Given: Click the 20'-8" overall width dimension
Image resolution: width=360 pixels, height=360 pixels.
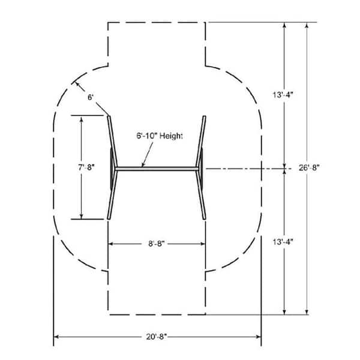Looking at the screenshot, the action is [x=157, y=337].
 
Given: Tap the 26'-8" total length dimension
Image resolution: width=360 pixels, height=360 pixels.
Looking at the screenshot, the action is [x=309, y=168].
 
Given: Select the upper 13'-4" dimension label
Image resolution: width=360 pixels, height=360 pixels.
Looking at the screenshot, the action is [x=283, y=95].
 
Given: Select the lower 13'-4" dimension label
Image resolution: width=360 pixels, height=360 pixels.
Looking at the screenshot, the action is [x=283, y=242].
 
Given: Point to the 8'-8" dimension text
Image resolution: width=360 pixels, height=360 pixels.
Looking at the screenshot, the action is [x=157, y=244].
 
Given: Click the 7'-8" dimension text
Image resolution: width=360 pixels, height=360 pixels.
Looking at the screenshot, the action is [x=86, y=167].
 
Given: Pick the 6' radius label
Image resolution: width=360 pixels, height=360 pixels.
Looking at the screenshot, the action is [x=91, y=97].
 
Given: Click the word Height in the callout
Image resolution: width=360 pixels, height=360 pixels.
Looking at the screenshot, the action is [x=171, y=136].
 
